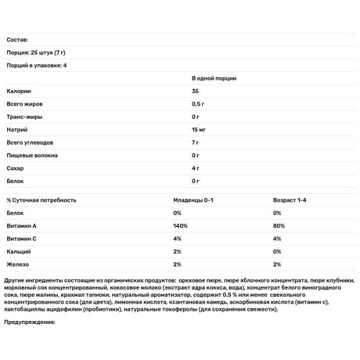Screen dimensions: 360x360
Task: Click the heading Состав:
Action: pos(17,40)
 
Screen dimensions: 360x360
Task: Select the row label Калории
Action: pos(19,91)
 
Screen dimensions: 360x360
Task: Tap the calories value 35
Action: pos(195,91)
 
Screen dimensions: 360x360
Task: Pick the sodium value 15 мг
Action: pos(199,130)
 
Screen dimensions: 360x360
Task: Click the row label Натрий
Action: pos(17,130)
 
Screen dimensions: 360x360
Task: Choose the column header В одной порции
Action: pos(214,78)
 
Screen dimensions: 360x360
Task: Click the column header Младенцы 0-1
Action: pos(193,200)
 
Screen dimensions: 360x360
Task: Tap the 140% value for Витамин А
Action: pos(181,226)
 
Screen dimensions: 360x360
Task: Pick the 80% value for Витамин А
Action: pos(278,226)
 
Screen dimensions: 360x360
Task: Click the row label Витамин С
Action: pos(23,238)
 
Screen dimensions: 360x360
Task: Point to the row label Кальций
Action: pos(19,251)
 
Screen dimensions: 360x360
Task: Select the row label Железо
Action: pos(18,264)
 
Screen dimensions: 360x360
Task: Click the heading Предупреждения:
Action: pos(29,322)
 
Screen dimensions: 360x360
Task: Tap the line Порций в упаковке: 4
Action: pos(37,65)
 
